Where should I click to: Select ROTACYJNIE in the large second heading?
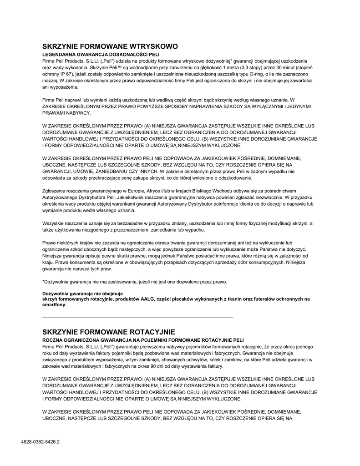click(x=147, y=332)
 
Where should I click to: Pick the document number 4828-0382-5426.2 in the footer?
click(x=41, y=441)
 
